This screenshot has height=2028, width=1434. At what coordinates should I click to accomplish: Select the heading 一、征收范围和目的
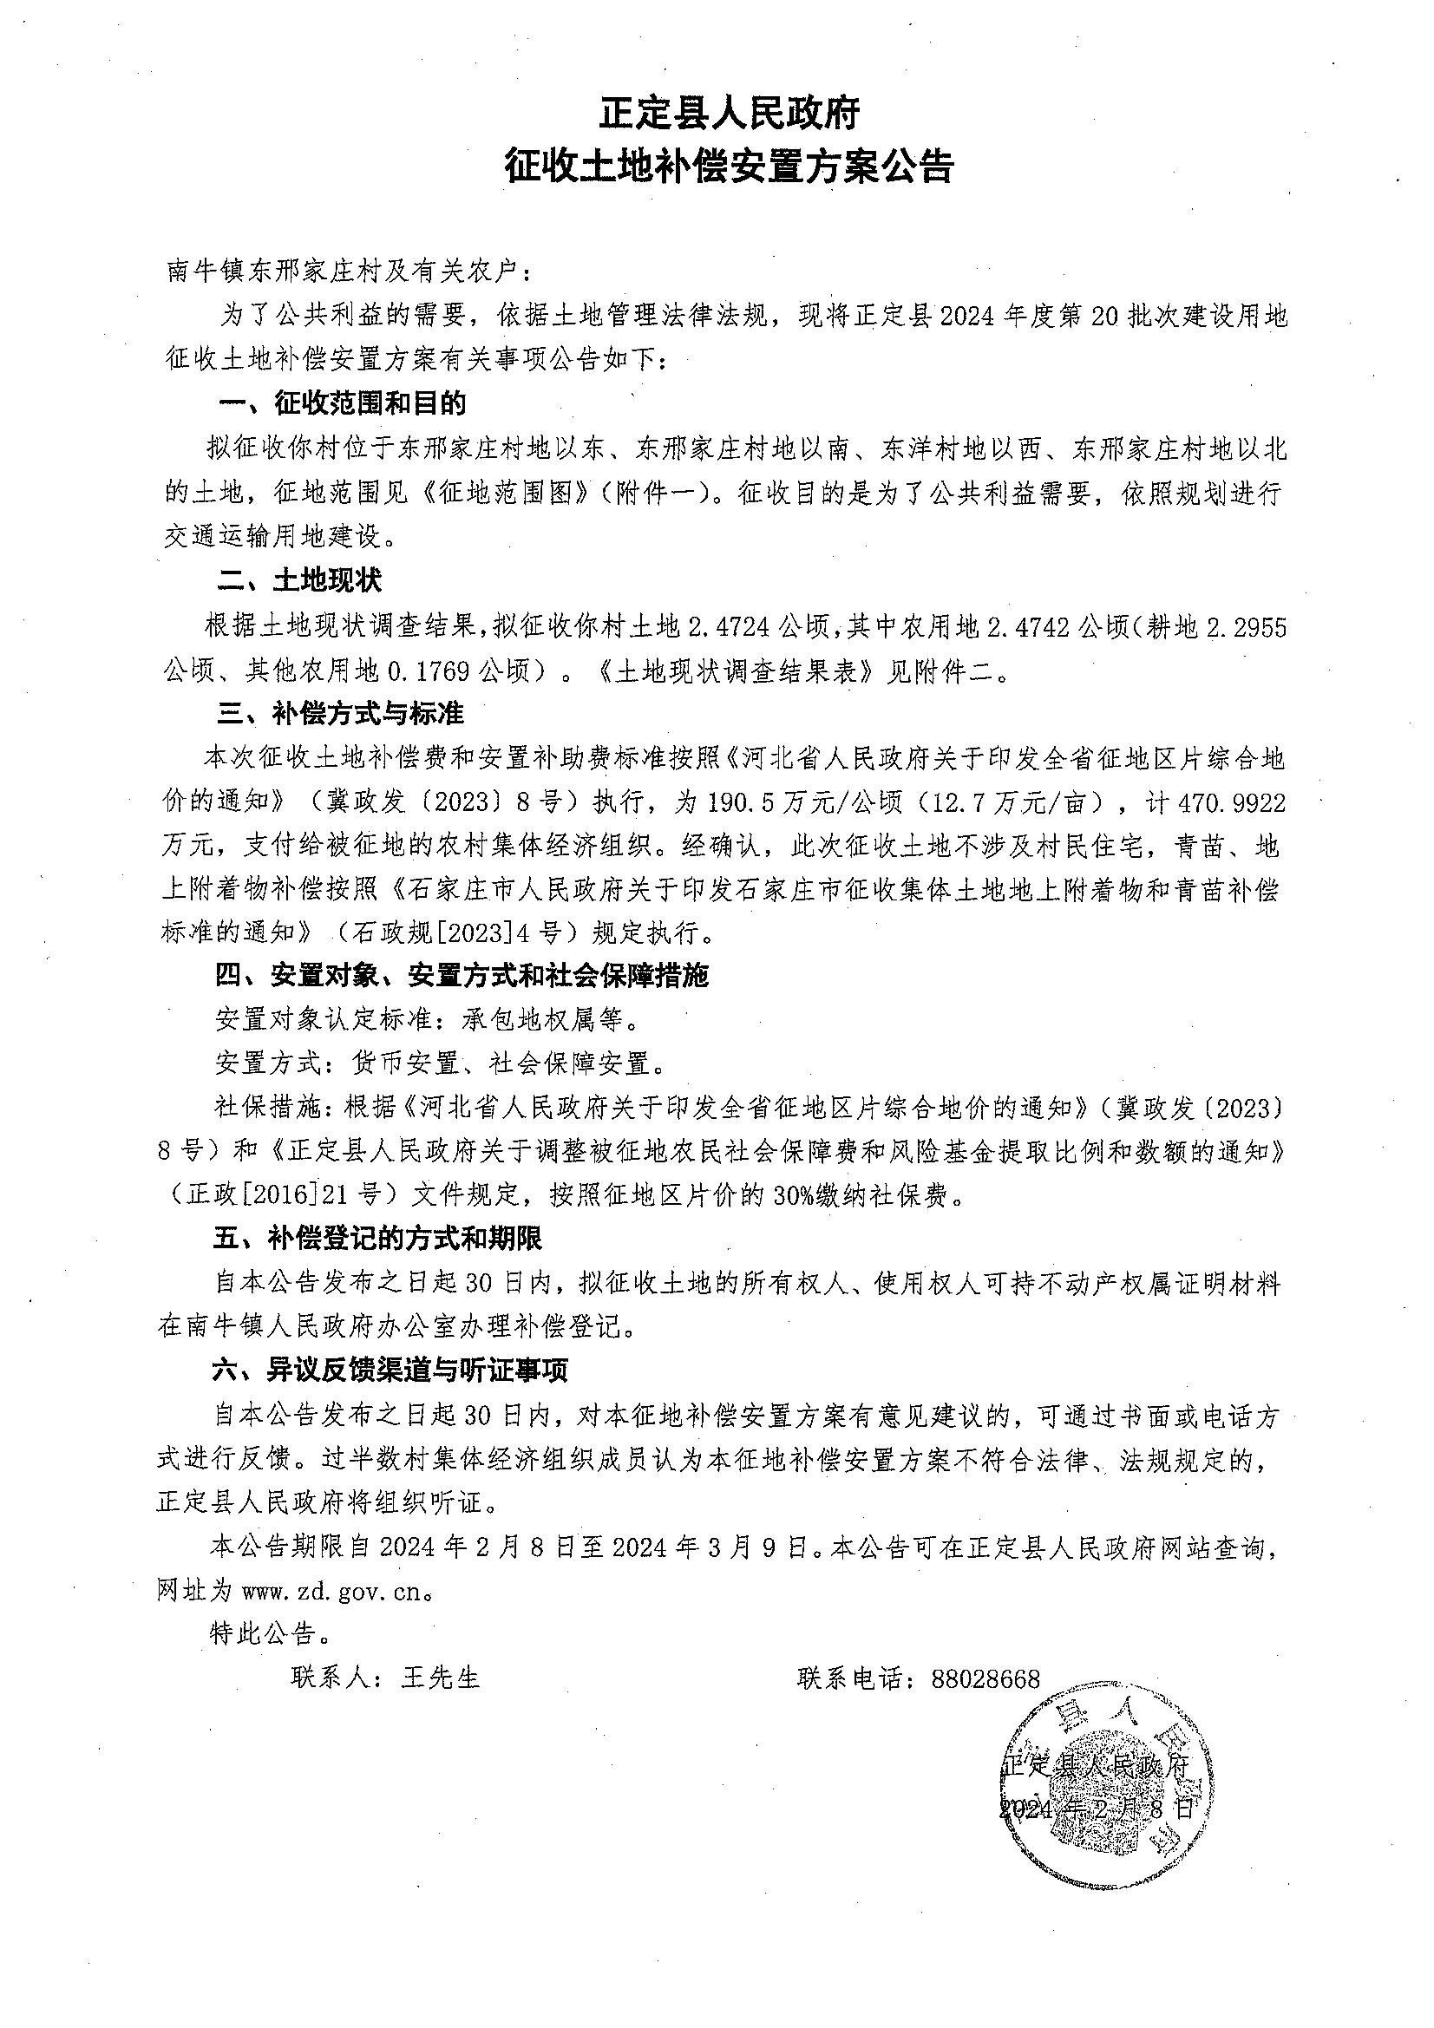coord(343,403)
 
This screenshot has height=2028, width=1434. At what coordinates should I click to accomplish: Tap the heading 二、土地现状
coord(300,580)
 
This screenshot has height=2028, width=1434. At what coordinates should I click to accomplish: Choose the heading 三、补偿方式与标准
coord(341,713)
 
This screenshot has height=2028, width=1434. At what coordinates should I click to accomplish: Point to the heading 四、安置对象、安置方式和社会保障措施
coord(462,976)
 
